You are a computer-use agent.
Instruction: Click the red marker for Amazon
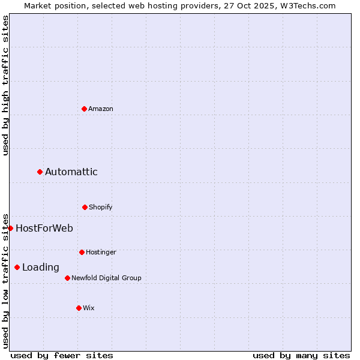pos(84,109)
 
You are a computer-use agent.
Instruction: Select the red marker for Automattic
pos(40,172)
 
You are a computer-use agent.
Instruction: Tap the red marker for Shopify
pos(85,207)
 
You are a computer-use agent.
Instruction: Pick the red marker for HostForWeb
pos(11,228)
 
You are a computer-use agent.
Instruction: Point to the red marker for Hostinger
pos(82,252)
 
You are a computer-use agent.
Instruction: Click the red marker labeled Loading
pos(17,267)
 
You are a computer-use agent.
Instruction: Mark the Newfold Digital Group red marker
pos(67,278)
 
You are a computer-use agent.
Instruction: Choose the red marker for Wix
pos(79,308)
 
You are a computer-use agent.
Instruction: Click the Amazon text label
pos(101,109)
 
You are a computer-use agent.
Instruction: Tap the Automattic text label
pos(71,172)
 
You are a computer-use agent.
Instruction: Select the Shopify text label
pos(101,207)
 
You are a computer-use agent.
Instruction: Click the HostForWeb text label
pos(44,228)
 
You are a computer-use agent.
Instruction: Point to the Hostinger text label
pos(101,252)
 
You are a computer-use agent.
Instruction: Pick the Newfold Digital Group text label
pos(107,278)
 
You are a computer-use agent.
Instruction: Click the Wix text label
pos(89,308)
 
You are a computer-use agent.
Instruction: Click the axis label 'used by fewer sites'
pos(62,355)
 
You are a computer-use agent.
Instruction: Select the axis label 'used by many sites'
pos(301,355)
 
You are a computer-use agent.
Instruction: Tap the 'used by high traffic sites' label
pos(5,86)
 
